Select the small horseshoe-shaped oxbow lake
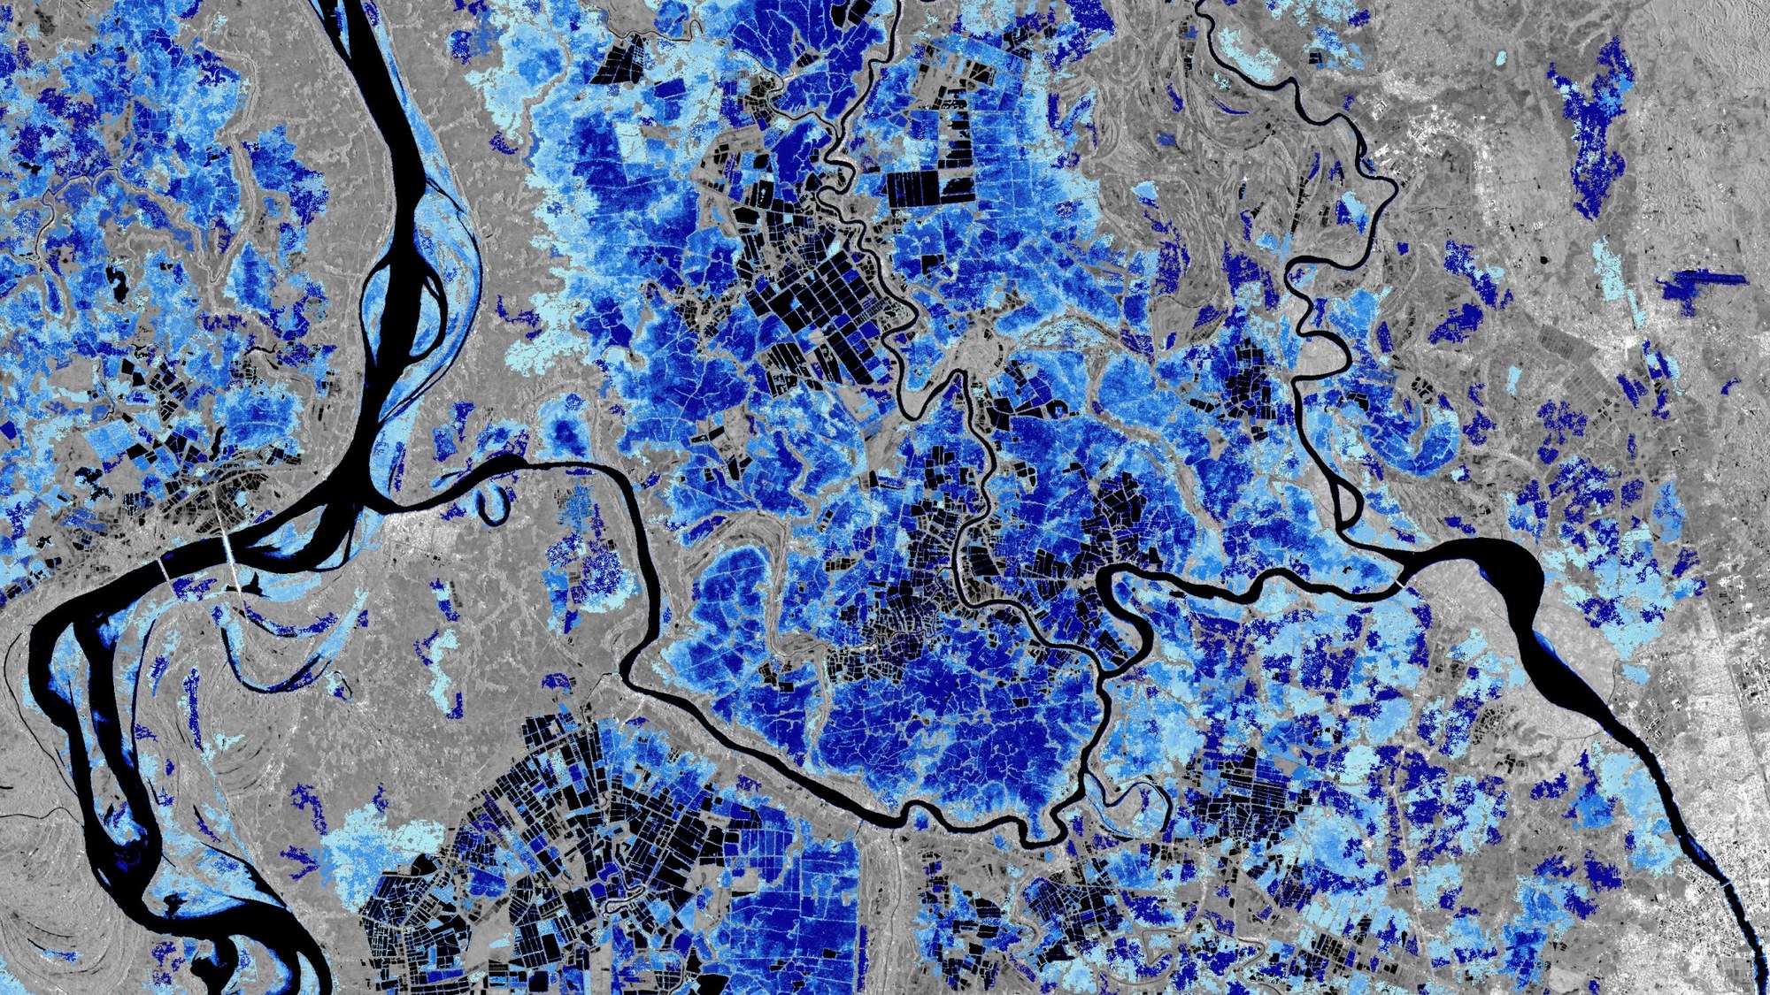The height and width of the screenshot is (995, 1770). pos(492,505)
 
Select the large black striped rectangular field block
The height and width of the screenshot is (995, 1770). pos(929,188)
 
